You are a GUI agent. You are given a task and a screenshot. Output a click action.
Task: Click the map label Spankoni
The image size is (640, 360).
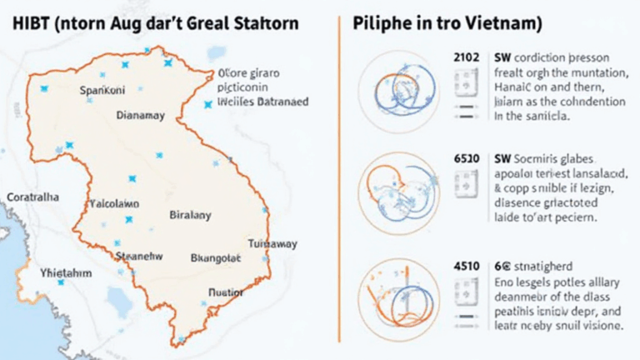pyautogui.click(x=103, y=89)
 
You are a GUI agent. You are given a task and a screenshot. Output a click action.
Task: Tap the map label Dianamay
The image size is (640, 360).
pyautogui.click(x=140, y=115)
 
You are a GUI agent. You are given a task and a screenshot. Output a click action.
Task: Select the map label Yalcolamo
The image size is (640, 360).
pyautogui.click(x=114, y=202)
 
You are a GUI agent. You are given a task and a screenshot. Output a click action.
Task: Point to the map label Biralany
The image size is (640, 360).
pyautogui.click(x=191, y=214)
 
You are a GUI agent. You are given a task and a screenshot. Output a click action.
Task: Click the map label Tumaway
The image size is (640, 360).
pyautogui.click(x=272, y=243)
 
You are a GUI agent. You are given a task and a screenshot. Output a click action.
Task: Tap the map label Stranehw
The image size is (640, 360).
pyautogui.click(x=139, y=257)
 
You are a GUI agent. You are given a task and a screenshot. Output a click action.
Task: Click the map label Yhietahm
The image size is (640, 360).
pyautogui.click(x=67, y=272)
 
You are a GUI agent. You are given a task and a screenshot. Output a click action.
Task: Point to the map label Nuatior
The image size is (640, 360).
pyautogui.click(x=224, y=293)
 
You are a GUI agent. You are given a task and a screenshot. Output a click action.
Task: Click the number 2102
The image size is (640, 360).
pyautogui.click(x=465, y=59)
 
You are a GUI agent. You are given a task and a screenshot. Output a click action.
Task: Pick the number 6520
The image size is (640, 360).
pyautogui.click(x=465, y=157)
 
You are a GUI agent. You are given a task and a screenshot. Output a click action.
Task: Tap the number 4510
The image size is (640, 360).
pyautogui.click(x=465, y=267)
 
